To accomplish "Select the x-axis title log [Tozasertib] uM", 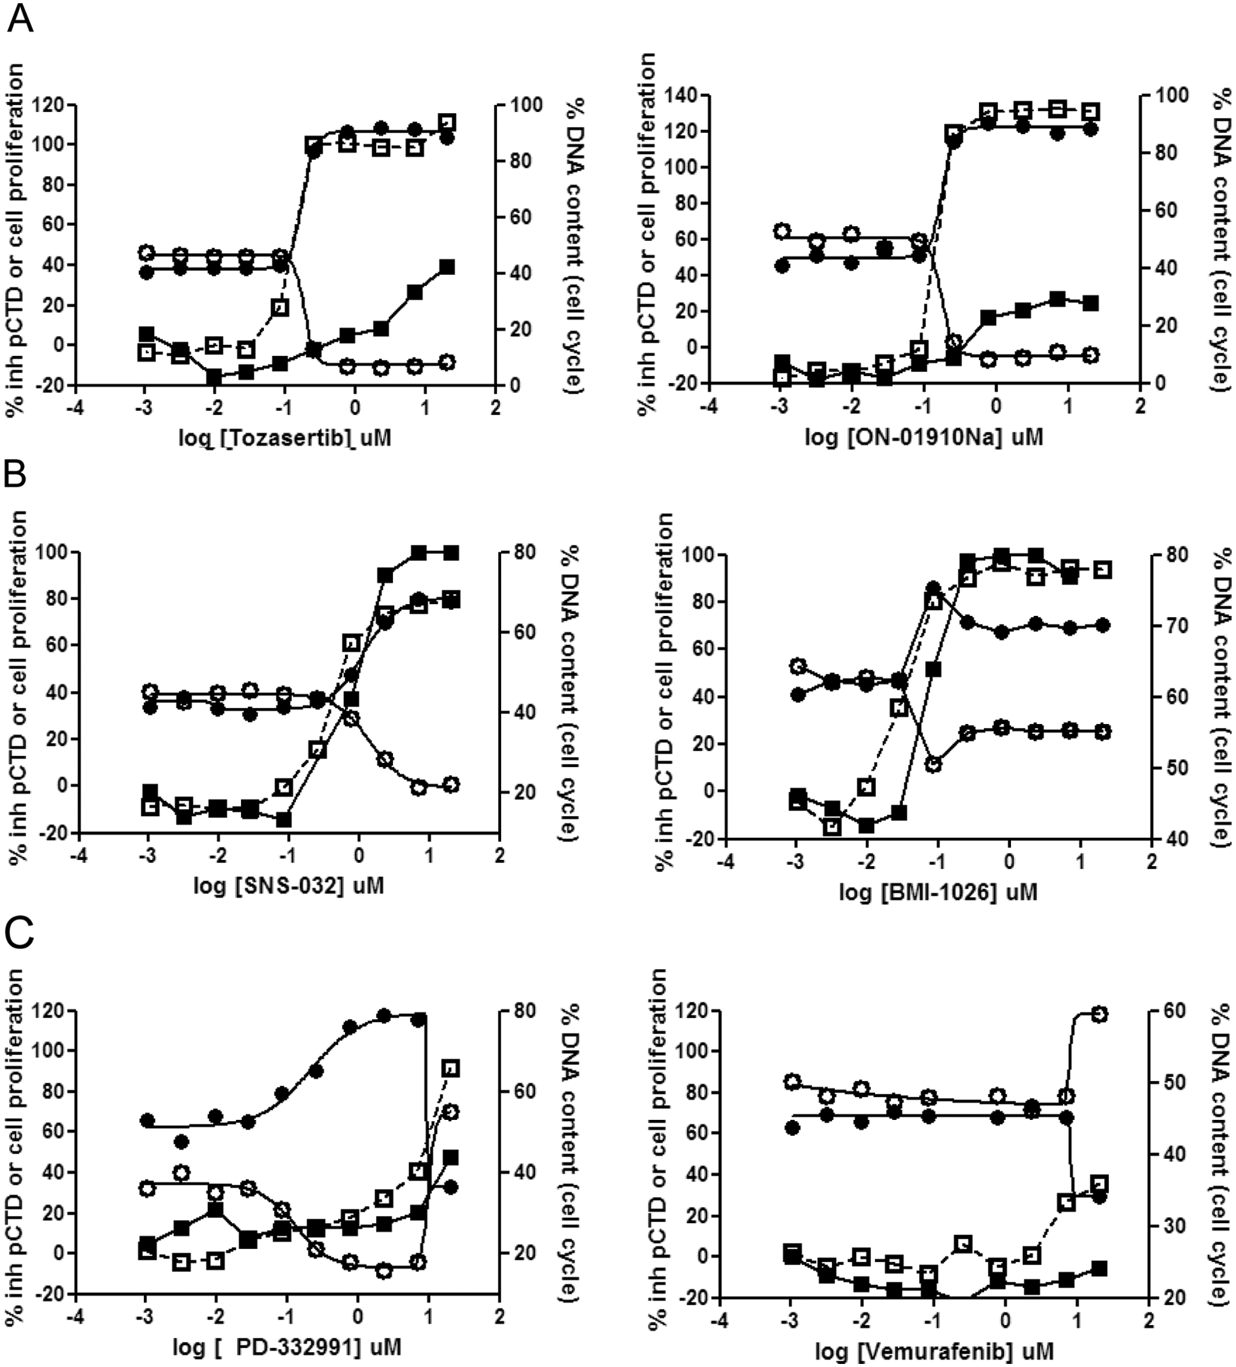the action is [x=285, y=439].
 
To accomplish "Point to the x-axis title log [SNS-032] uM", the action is [x=287, y=886].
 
